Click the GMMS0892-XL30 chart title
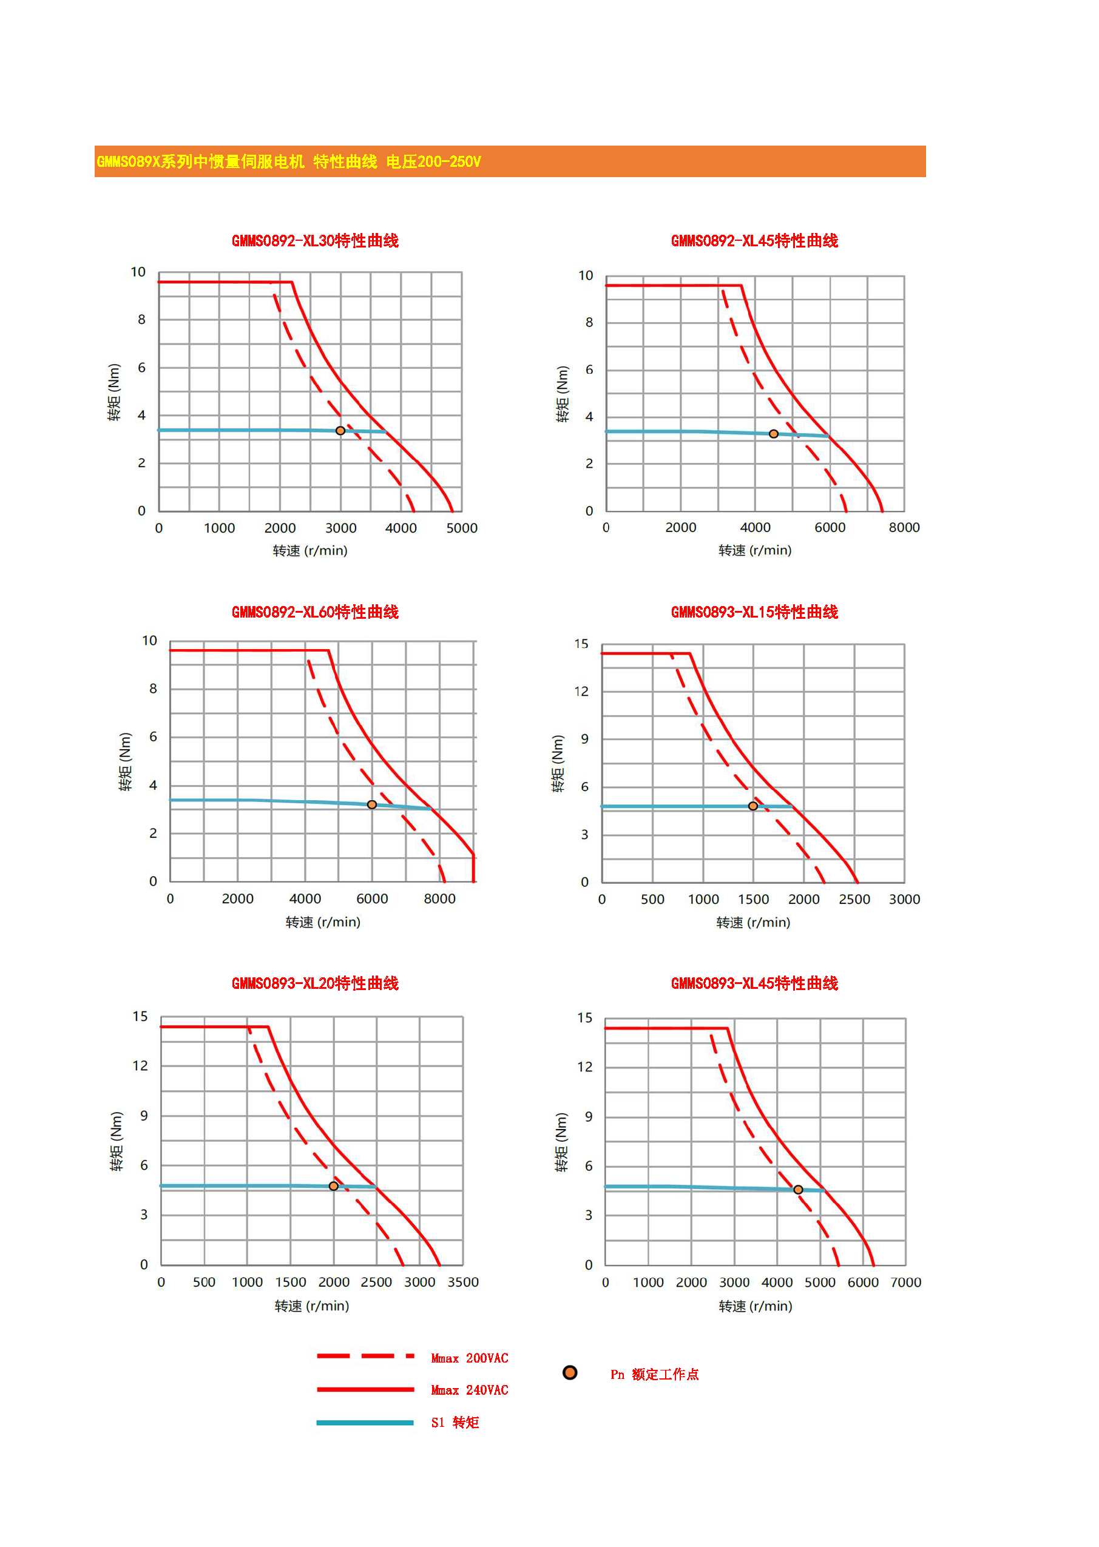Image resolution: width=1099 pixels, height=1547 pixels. pyautogui.click(x=315, y=241)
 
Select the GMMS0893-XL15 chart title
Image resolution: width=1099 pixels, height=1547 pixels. pyautogui.click(x=754, y=612)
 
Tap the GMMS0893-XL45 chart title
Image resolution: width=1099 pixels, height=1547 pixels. pyautogui.click(x=754, y=983)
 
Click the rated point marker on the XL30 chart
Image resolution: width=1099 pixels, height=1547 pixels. pyautogui.click(x=340, y=430)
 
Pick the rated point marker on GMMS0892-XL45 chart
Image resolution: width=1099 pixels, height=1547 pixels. pyautogui.click(x=774, y=434)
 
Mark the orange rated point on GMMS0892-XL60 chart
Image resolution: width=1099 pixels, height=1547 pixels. pyautogui.click(x=371, y=804)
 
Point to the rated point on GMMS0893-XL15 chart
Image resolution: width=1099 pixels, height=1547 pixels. pyautogui.click(x=752, y=806)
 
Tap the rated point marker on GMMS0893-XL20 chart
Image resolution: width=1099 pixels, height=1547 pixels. pyautogui.click(x=334, y=1186)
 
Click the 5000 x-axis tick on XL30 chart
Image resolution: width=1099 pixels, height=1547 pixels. pyautogui.click(x=462, y=528)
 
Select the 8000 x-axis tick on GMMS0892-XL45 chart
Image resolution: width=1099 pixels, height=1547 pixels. pyautogui.click(x=904, y=528)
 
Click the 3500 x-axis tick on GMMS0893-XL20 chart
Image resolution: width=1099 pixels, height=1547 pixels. pyautogui.click(x=463, y=1282)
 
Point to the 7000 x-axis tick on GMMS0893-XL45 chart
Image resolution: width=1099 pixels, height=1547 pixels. pyautogui.click(x=905, y=1282)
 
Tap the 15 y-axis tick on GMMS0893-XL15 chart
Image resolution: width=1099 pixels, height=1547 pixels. pyautogui.click(x=581, y=644)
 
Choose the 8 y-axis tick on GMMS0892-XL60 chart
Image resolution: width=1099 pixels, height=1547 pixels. pyautogui.click(x=153, y=689)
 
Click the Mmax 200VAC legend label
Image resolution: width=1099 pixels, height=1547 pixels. pyautogui.click(x=470, y=1358)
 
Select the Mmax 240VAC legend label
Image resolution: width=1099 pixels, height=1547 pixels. pyautogui.click(x=470, y=1390)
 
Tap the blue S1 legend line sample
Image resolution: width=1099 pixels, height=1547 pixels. pyautogui.click(x=365, y=1423)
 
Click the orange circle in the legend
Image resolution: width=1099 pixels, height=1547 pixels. pyautogui.click(x=570, y=1372)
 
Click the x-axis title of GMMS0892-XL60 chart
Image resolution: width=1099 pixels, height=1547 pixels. pyautogui.click(x=323, y=922)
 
